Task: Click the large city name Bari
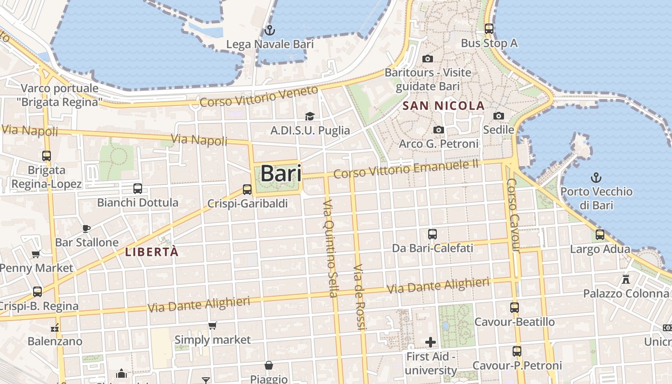click(x=281, y=173)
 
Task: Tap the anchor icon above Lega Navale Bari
click(x=270, y=30)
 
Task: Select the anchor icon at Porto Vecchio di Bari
click(x=596, y=178)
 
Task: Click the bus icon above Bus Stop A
click(x=489, y=29)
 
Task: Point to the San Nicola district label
click(x=444, y=106)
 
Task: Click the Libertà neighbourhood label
click(x=152, y=252)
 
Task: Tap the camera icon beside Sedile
click(x=499, y=116)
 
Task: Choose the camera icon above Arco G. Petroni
click(x=438, y=130)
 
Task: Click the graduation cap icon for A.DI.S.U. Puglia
click(x=310, y=117)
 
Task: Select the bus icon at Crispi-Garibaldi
click(x=247, y=190)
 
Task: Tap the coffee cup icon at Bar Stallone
click(x=86, y=228)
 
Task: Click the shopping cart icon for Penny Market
click(x=36, y=254)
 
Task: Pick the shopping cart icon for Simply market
click(x=212, y=326)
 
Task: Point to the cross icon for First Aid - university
click(x=431, y=342)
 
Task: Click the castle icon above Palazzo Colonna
click(x=626, y=279)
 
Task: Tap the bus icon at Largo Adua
click(x=600, y=235)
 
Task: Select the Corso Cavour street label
click(x=513, y=215)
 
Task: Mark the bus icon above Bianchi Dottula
click(x=138, y=189)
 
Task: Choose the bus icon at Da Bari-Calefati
click(x=432, y=234)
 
